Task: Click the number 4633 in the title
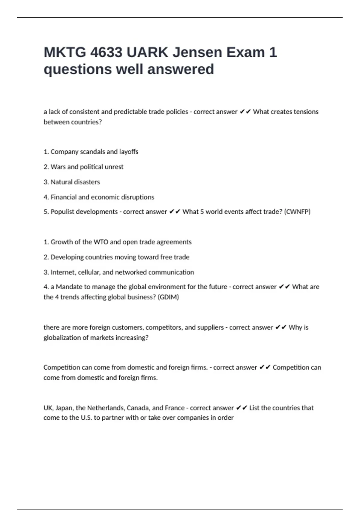(x=106, y=52)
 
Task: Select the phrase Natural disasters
(x=75, y=182)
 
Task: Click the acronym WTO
(x=101, y=242)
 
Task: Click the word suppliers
(x=211, y=327)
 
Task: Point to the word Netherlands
(x=106, y=408)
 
